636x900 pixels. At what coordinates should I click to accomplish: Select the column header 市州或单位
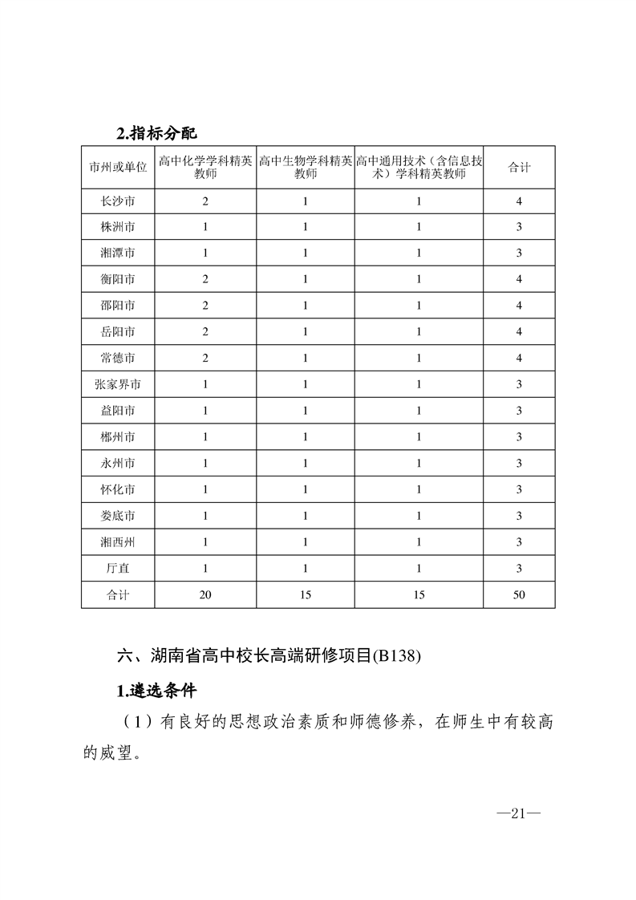click(x=118, y=167)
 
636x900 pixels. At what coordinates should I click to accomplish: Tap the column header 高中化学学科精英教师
click(x=205, y=167)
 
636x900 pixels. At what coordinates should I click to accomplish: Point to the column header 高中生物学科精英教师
click(x=306, y=167)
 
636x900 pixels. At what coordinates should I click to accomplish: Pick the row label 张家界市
click(x=118, y=385)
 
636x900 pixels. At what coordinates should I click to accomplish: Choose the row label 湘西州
click(x=118, y=542)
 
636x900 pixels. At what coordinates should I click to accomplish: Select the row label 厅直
click(x=118, y=569)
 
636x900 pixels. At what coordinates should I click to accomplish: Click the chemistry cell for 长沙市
click(x=205, y=201)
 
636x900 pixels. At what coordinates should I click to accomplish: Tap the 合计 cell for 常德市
click(x=519, y=359)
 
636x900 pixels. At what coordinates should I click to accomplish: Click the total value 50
click(x=519, y=595)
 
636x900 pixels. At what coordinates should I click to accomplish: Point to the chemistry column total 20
click(x=205, y=595)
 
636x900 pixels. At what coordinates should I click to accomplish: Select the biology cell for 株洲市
click(x=306, y=228)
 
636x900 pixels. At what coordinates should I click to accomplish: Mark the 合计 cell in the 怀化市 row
click(x=519, y=490)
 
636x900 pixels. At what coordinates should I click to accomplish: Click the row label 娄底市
click(x=118, y=516)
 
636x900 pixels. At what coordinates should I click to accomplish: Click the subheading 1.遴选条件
click(x=156, y=691)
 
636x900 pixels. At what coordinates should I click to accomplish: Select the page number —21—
click(x=519, y=814)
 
